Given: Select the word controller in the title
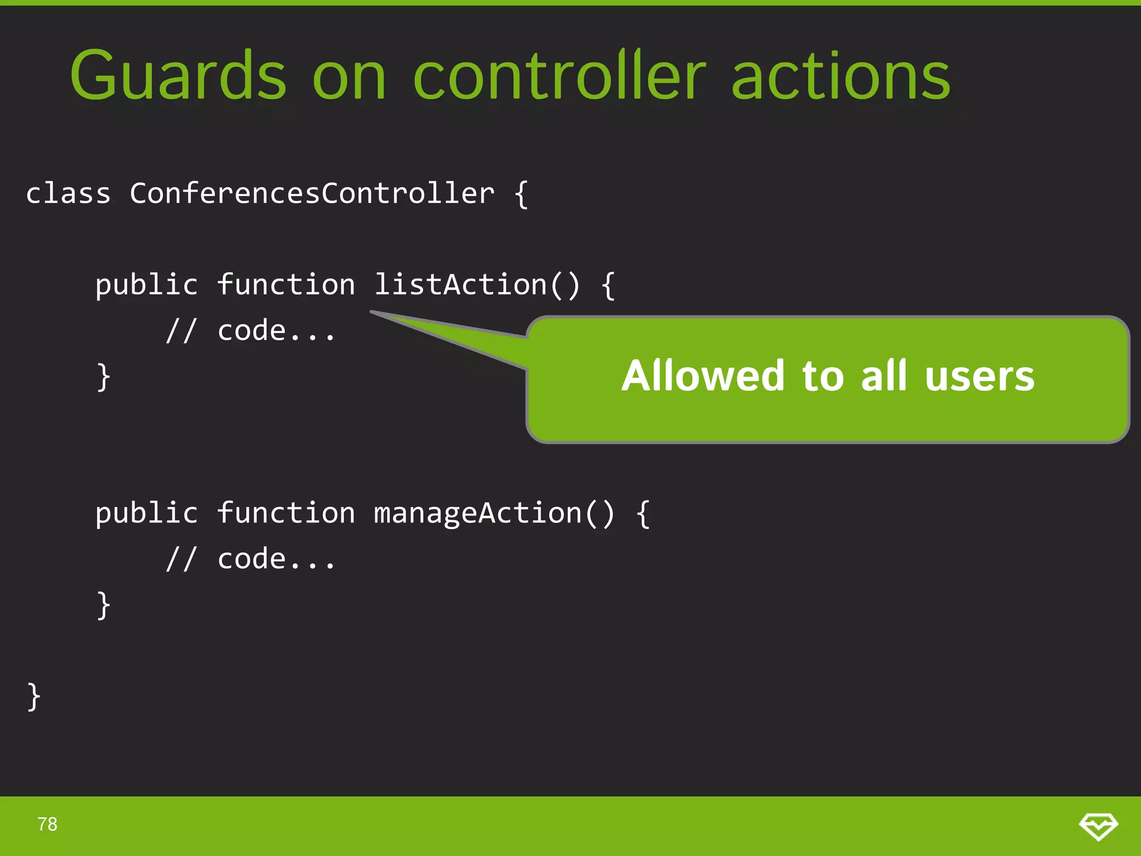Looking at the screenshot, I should coord(559,76).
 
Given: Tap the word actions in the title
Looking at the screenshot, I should coord(840,76).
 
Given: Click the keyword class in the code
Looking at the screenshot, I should coord(68,193).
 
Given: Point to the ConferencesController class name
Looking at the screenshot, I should coord(312,193).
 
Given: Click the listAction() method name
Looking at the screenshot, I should coord(477,285).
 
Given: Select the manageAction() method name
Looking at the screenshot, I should coord(494,513).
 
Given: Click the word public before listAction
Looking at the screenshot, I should coord(146,285).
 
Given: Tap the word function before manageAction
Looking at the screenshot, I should coord(286,513).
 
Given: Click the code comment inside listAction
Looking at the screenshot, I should coord(251,330).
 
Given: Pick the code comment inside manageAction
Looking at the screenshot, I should coord(251,559).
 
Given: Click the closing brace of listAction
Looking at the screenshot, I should coord(104,377).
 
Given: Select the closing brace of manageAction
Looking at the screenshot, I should coord(104,605).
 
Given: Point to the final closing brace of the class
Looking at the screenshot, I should coord(34,697).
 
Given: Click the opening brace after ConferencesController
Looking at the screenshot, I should coord(521,194).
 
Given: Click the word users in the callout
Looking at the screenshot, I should coord(979,376).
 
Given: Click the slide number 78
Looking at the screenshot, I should coord(47,824).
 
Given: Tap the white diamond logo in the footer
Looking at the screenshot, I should coord(1098,826).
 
